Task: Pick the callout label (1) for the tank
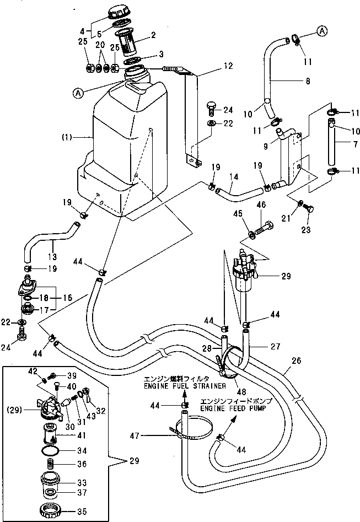click(x=77, y=136)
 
